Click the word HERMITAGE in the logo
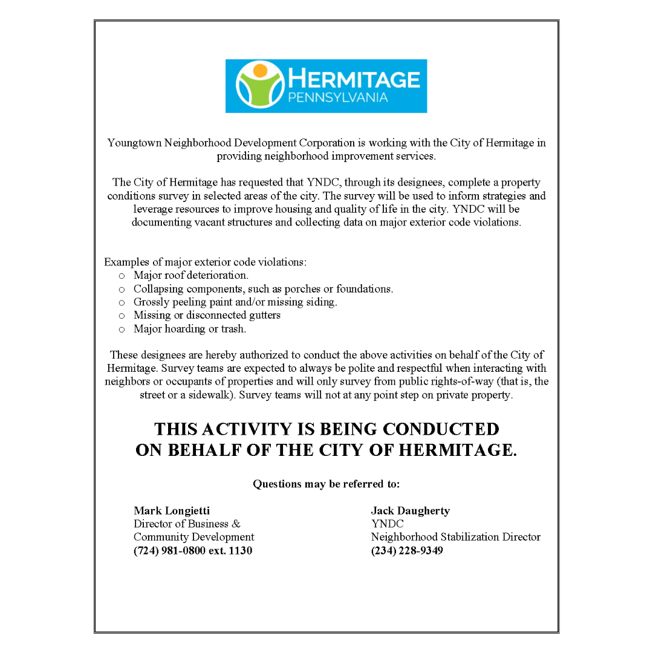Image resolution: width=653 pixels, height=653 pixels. pos(354,79)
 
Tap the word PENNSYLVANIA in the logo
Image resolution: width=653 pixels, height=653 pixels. pos(338,98)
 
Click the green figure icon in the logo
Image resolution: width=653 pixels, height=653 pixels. pos(260,86)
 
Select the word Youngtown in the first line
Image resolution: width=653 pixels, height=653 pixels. pos(134,143)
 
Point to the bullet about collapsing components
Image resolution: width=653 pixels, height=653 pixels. pos(263,289)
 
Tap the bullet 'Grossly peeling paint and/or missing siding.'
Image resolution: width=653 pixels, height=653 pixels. pos(235,302)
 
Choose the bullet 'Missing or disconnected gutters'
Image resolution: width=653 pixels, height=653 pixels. pos(207,316)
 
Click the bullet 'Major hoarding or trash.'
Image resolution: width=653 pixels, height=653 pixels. pos(189,329)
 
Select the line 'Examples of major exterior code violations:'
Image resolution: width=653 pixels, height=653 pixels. pos(206,262)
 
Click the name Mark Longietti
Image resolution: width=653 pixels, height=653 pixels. pos(172,511)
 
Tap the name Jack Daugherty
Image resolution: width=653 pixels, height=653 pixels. pos(410,511)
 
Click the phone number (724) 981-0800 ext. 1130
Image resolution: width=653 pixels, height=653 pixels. pos(193,551)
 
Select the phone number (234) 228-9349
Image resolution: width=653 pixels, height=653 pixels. pos(407,551)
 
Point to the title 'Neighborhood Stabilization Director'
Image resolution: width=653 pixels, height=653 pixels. pos(456,538)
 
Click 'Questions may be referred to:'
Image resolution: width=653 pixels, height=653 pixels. pos(326,484)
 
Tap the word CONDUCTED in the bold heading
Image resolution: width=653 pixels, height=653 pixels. pos(441,429)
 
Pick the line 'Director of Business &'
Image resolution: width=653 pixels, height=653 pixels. pos(187,524)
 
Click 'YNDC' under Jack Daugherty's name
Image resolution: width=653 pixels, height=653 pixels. pos(387,524)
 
